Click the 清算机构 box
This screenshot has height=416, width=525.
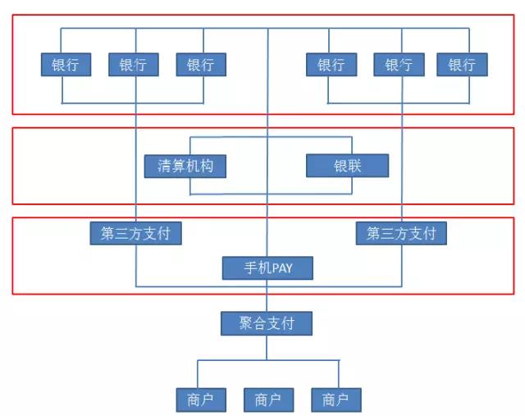coord(185,166)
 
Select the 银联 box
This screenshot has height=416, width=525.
coord(347,166)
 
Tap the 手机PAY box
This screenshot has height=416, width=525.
coord(267,267)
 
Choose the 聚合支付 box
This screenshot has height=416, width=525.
coord(267,322)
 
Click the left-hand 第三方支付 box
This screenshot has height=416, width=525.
coord(135,233)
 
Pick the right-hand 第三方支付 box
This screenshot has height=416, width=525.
coord(401,233)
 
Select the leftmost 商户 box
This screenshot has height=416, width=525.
coord(200,400)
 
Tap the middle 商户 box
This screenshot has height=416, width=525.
coord(268,400)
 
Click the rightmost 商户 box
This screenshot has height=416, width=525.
coord(336,400)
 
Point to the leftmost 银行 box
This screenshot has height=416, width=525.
coord(66,65)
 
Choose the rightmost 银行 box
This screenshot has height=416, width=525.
coord(462,65)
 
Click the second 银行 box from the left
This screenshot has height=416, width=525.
coord(133,65)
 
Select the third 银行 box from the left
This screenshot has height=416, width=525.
coord(200,65)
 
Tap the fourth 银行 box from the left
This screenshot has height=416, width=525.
coord(331,65)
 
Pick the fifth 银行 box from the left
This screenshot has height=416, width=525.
coord(398,65)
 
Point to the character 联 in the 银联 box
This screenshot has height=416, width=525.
coord(354,166)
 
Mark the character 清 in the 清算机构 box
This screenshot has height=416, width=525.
coord(164,166)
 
